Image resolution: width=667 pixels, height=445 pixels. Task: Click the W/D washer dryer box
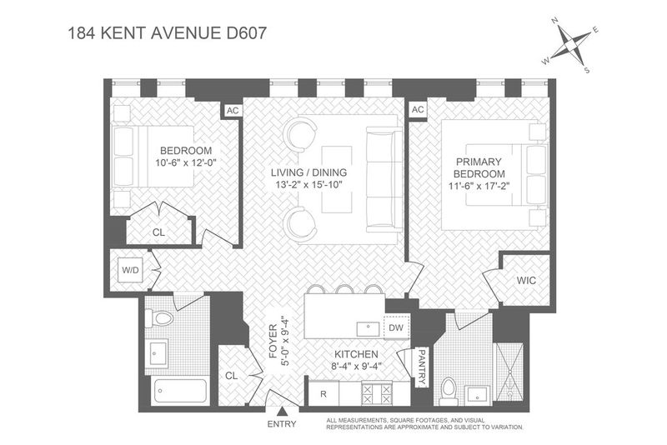coord(130,270)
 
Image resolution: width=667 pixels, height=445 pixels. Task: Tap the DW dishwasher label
coord(396,327)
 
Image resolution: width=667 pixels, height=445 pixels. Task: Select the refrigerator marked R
coord(323,393)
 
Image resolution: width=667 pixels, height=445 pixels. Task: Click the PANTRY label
coord(422,367)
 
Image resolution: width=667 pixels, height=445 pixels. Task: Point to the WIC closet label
coord(526,281)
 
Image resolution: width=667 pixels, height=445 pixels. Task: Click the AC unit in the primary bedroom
coord(418,110)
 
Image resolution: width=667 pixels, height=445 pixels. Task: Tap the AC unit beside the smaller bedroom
coord(233,111)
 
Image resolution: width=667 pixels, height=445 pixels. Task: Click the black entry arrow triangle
coord(282,412)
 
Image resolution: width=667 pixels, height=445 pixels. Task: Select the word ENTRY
coord(282,423)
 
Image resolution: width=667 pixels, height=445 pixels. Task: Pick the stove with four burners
coord(376,393)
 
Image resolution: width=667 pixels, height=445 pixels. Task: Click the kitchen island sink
coord(369,328)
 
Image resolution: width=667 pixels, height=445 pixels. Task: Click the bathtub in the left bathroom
coord(181,391)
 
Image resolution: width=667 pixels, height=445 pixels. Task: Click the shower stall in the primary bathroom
coord(509,372)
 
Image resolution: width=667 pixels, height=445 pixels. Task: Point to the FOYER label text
coord(273,341)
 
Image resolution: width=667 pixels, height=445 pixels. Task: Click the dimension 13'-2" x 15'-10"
coord(308,184)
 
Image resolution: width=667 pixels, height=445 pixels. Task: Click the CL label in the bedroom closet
coord(158,232)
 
